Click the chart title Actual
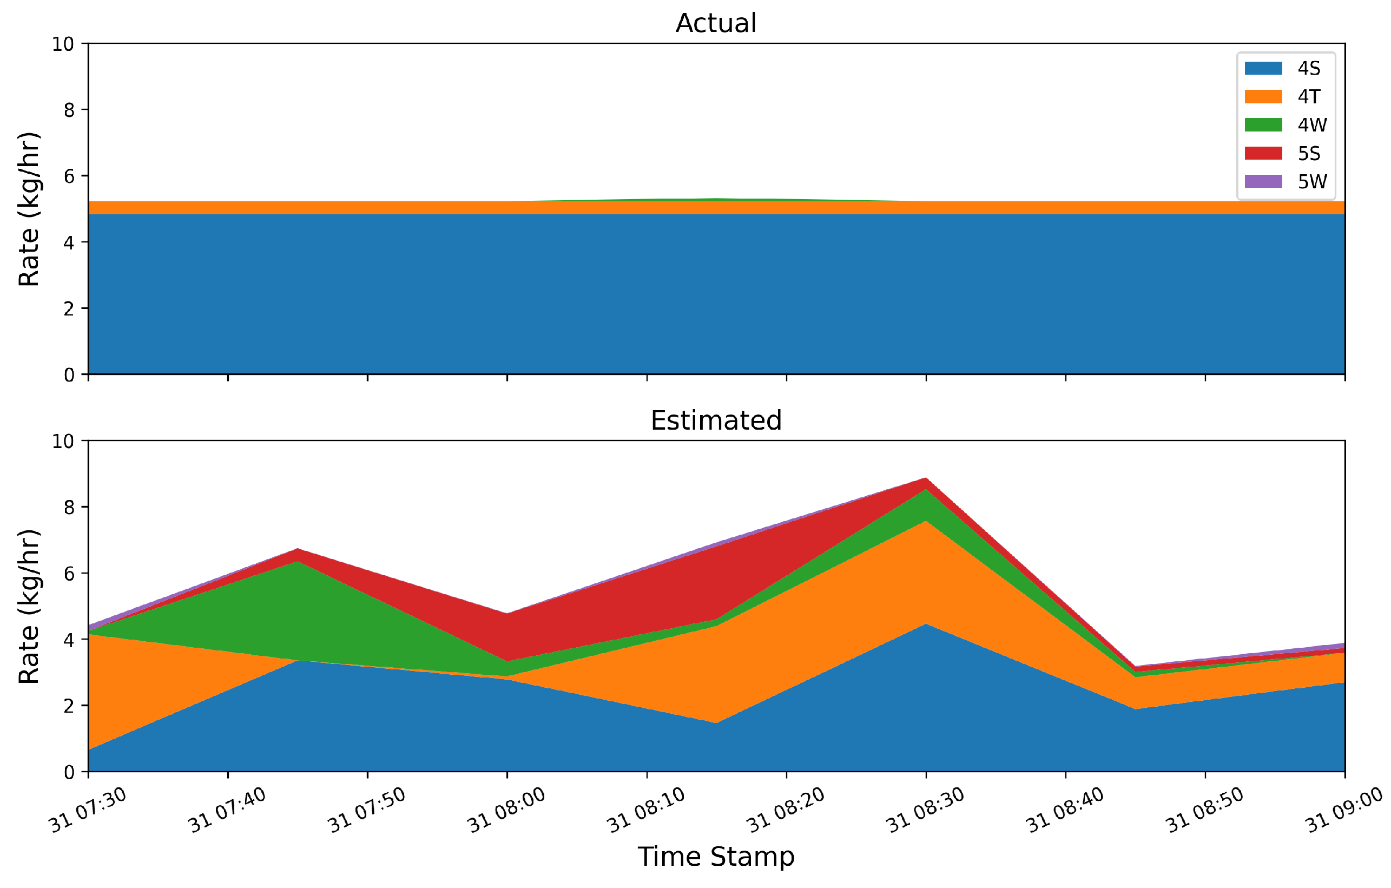coord(716,23)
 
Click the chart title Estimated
coord(716,420)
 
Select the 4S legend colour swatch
coord(1263,68)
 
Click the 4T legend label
coord(1308,96)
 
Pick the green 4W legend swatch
coord(1263,125)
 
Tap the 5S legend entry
coord(1308,153)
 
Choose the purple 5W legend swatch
coord(1263,181)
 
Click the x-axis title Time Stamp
coord(716,856)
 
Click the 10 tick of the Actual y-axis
coord(63,44)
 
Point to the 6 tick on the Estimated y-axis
coord(69,574)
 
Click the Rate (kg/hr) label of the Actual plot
coord(29,209)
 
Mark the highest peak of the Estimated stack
coord(926,479)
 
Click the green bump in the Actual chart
coord(716,199)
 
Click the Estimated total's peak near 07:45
coord(297,549)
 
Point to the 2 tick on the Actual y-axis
coord(69,308)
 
